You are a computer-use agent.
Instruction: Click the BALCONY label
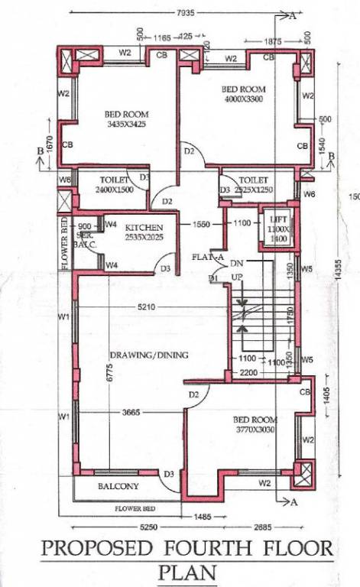(x=118, y=486)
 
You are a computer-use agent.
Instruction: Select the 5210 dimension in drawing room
(x=147, y=308)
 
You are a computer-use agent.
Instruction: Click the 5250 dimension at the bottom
(x=127, y=527)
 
